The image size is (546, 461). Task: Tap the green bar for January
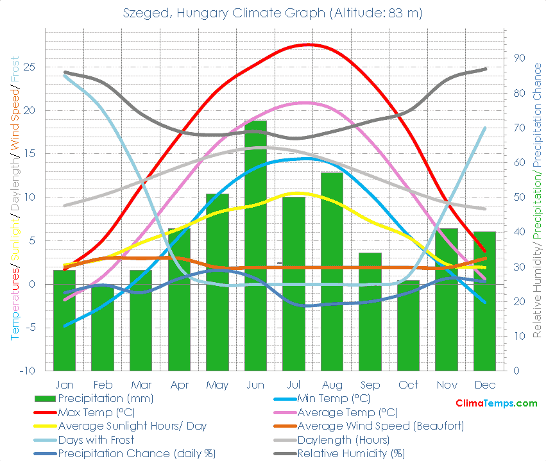64,320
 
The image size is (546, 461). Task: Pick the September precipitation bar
370,312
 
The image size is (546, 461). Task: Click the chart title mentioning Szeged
273,13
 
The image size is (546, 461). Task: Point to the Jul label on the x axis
293,385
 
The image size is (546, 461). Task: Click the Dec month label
484,385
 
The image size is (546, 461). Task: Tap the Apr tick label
179,385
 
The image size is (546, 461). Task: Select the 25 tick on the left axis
30,67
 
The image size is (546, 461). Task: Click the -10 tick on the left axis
28,371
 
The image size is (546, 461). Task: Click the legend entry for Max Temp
94,412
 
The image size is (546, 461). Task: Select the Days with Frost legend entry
96,440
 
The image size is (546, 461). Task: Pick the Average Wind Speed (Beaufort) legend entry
380,426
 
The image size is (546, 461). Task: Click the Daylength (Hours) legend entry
343,440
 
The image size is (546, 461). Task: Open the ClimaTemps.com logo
496,403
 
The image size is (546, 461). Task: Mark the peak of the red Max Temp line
309,44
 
